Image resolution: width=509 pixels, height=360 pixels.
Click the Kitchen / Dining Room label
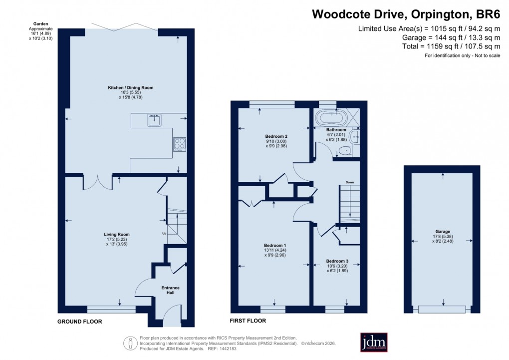pos(131,87)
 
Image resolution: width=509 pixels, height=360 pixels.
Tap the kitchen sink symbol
pos(154,119)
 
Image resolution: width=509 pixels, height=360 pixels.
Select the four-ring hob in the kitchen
pos(179,144)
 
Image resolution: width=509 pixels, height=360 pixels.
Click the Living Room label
pos(117,234)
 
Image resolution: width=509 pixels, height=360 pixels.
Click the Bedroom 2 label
pos(275,136)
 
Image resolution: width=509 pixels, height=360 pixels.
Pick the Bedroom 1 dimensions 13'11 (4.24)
pos(274,250)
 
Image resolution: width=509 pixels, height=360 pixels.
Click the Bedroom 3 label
pos(337,261)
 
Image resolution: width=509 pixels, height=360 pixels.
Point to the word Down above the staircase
pos(350,182)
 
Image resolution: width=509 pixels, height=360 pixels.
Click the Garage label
pos(442,232)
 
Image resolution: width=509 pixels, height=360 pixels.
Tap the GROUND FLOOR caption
pos(80,322)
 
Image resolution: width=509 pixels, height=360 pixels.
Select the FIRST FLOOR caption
pos(248,321)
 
